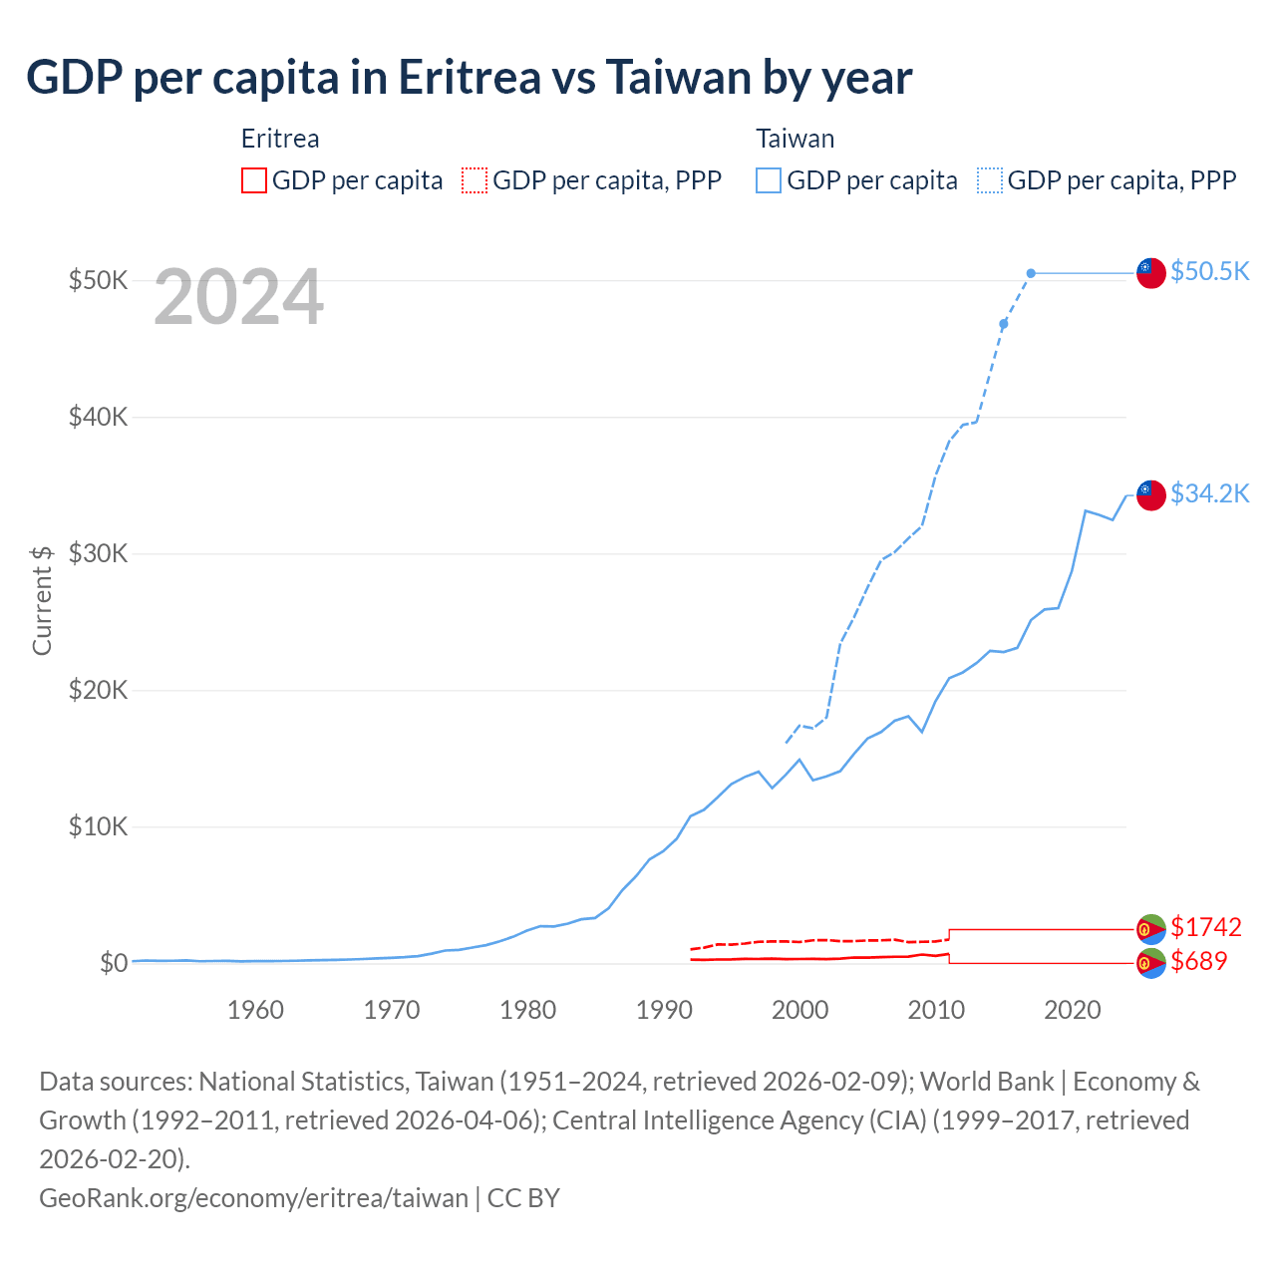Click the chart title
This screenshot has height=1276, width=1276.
(x=469, y=78)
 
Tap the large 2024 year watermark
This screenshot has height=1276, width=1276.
(x=238, y=297)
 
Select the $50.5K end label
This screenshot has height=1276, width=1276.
(x=1209, y=271)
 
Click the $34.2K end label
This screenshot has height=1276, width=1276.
(x=1209, y=493)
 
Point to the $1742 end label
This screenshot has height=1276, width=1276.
(x=1205, y=927)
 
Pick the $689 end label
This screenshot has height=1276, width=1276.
(x=1198, y=961)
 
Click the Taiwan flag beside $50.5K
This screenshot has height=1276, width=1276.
(x=1151, y=272)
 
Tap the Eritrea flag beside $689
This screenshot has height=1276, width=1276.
(x=1151, y=963)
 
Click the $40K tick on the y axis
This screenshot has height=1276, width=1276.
(x=98, y=417)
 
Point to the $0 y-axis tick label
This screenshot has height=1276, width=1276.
(x=113, y=963)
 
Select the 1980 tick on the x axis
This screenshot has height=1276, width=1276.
(x=527, y=1010)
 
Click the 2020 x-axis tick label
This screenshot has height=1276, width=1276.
(x=1072, y=1010)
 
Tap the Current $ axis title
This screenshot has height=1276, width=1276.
(x=42, y=600)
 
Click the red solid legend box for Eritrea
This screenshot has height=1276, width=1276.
(x=254, y=180)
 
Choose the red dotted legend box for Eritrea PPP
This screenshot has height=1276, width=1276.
(x=475, y=180)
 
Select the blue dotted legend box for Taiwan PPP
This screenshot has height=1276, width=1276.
(x=990, y=180)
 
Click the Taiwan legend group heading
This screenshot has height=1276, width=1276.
(x=795, y=139)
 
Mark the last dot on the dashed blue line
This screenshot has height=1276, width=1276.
(x=1031, y=273)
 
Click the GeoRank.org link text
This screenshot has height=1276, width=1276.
(x=253, y=1197)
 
